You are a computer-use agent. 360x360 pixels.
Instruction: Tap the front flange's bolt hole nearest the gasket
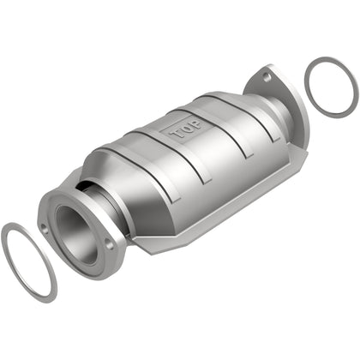click(43, 229)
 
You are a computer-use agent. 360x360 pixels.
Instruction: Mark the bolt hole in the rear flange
click(267, 77)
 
